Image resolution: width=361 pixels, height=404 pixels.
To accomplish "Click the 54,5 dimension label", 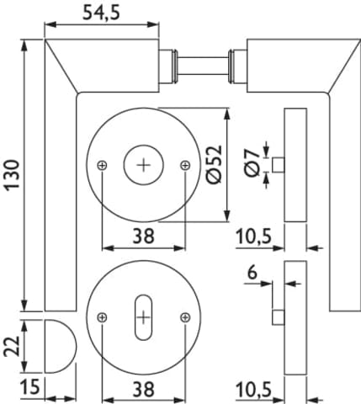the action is (x=101, y=13).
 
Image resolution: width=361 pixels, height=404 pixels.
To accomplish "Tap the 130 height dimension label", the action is (x=13, y=175).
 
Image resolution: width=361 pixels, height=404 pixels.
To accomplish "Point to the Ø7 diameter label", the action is (x=252, y=163).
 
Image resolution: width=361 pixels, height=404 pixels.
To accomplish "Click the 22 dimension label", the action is (x=13, y=346).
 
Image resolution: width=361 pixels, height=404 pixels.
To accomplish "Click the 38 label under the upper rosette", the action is (x=143, y=236).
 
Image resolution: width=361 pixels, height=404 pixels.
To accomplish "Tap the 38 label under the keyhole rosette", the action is (x=143, y=389).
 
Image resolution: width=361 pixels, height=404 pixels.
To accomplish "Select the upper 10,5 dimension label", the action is (x=254, y=237).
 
